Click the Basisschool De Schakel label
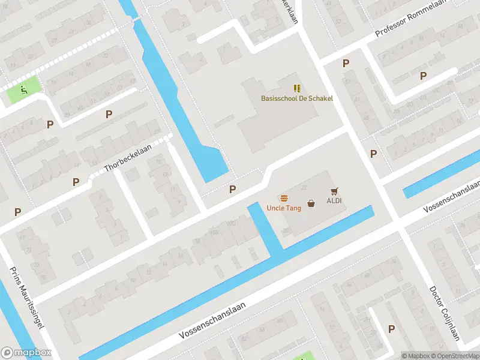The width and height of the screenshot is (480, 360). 296,98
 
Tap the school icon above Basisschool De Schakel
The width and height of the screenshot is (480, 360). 297,88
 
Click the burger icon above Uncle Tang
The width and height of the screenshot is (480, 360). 284,197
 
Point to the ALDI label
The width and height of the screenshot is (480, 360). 334,200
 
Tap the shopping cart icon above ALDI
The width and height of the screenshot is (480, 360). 334,191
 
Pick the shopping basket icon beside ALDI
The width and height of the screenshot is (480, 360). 311,203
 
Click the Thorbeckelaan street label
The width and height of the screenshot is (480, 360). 128,160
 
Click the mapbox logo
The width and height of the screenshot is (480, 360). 26,353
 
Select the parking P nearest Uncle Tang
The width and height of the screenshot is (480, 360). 232,189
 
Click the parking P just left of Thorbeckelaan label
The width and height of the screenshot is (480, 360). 76,182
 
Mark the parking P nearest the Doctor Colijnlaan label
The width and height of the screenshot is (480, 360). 391,329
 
